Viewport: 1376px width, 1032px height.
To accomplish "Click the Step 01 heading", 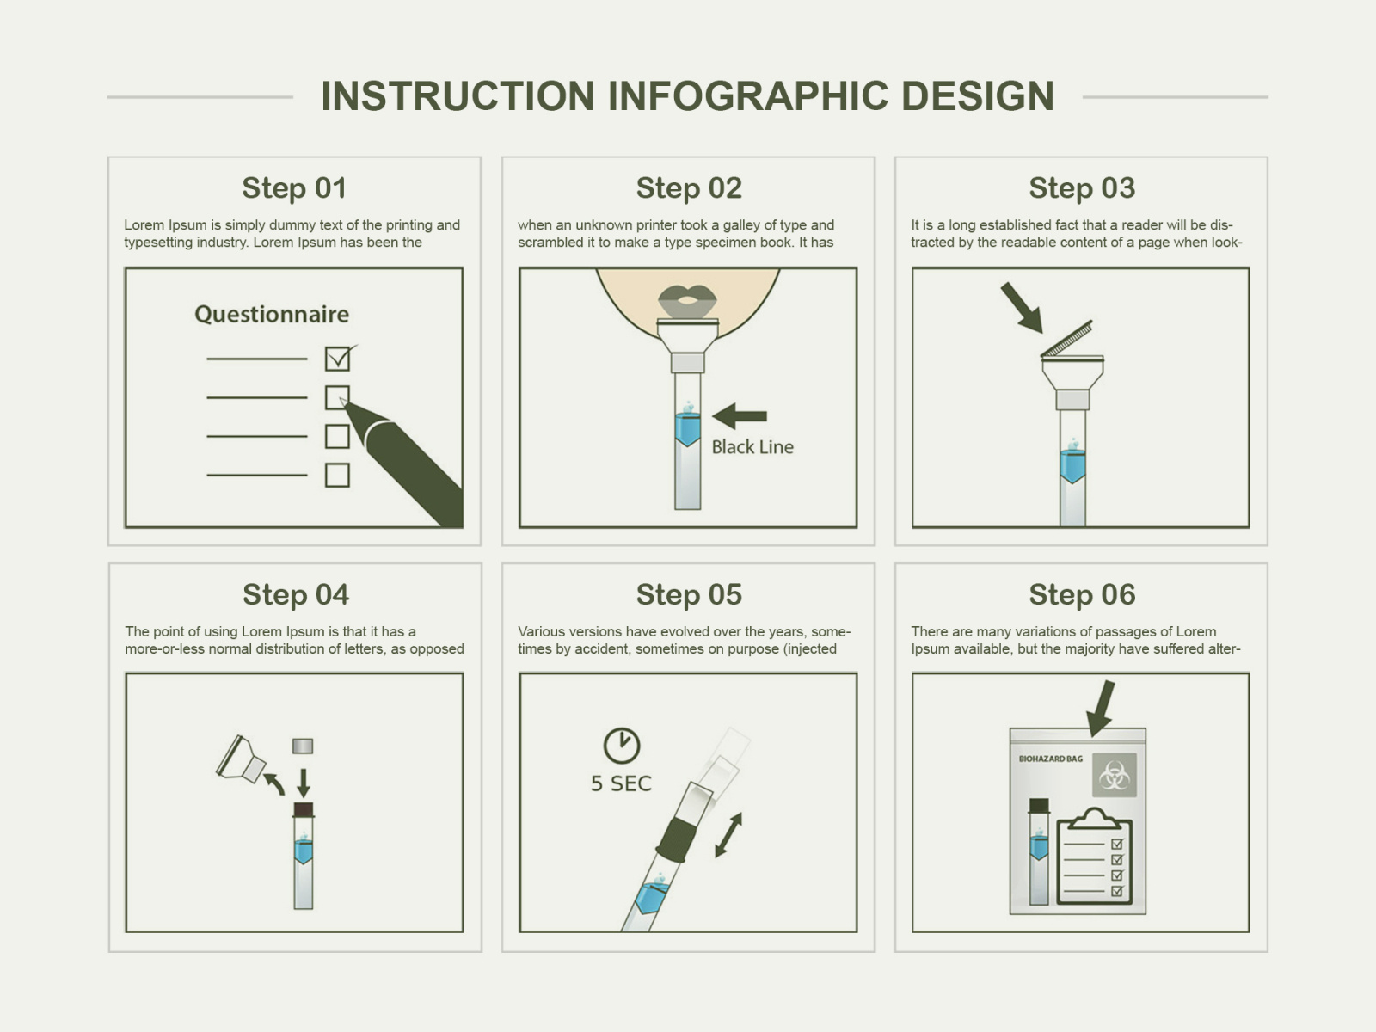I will (294, 188).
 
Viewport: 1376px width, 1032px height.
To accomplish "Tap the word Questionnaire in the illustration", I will (272, 314).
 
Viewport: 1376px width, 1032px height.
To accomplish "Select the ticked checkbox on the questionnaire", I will (337, 359).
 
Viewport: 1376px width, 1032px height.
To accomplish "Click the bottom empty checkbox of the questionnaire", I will (337, 475).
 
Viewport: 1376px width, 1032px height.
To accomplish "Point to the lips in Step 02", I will (687, 301).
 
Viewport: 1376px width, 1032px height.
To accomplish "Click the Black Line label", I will (752, 447).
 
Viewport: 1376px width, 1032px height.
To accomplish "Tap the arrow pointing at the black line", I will (740, 416).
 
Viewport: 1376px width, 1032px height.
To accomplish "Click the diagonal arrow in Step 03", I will (1022, 308).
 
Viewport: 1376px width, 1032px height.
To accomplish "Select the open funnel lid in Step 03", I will (1067, 340).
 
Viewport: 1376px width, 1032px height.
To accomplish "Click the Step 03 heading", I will (1082, 188).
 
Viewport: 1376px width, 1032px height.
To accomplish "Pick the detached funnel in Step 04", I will (242, 759).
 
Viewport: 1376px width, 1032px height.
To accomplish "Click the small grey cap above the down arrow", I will (303, 746).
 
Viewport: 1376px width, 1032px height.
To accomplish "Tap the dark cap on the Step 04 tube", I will (304, 809).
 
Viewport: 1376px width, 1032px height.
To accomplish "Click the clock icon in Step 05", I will (621, 746).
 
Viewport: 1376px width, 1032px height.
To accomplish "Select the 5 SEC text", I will (621, 783).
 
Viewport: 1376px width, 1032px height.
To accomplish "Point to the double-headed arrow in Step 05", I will (728, 835).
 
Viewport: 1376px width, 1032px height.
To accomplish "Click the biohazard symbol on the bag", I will (1115, 776).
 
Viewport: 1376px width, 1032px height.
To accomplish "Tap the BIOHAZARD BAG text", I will (1050, 759).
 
